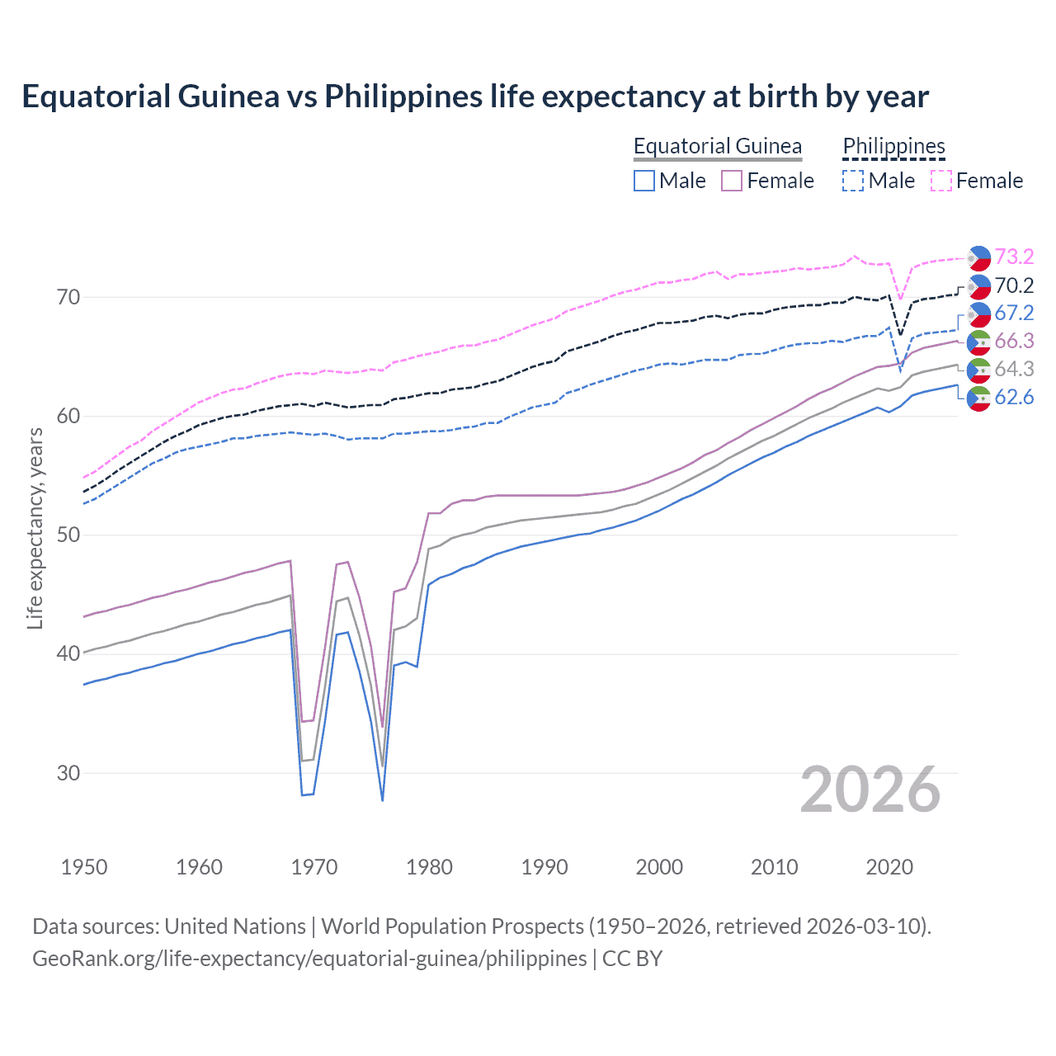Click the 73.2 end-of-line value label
1014,257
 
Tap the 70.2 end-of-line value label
1014,285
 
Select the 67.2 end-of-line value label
1014,313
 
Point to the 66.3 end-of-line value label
1014,341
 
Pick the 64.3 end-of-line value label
1014,369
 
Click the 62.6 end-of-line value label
1014,397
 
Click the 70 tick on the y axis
68,297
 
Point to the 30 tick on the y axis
68,773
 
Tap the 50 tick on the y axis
68,535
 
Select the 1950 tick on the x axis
84,867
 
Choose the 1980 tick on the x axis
429,867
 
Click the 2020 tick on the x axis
889,867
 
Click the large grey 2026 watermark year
870,790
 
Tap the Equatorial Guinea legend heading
718,146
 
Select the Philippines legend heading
893,146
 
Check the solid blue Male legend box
644,181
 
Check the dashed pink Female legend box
941,181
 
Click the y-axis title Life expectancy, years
35,528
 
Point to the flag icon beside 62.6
978,398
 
